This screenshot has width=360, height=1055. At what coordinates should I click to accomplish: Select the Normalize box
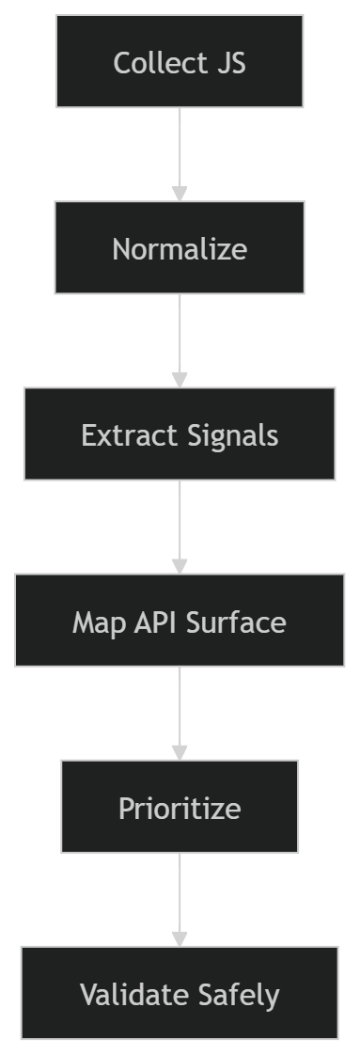pyautogui.click(x=180, y=248)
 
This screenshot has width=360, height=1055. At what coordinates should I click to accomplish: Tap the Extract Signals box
pyautogui.click(x=180, y=435)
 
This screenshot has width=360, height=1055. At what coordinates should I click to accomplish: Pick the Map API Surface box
pyautogui.click(x=180, y=622)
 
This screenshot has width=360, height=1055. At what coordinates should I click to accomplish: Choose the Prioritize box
pyautogui.click(x=180, y=808)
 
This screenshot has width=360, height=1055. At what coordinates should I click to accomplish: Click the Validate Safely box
pyautogui.click(x=180, y=994)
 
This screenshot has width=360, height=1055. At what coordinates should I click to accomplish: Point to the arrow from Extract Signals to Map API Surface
pyautogui.click(x=180, y=527)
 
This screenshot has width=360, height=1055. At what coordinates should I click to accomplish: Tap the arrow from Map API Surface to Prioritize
pyautogui.click(x=180, y=713)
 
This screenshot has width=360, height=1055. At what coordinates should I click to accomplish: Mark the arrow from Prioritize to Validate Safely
pyautogui.click(x=180, y=899)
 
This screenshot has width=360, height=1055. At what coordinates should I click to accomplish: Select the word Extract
pyautogui.click(x=117, y=435)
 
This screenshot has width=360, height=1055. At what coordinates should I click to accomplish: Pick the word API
pyautogui.click(x=152, y=622)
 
